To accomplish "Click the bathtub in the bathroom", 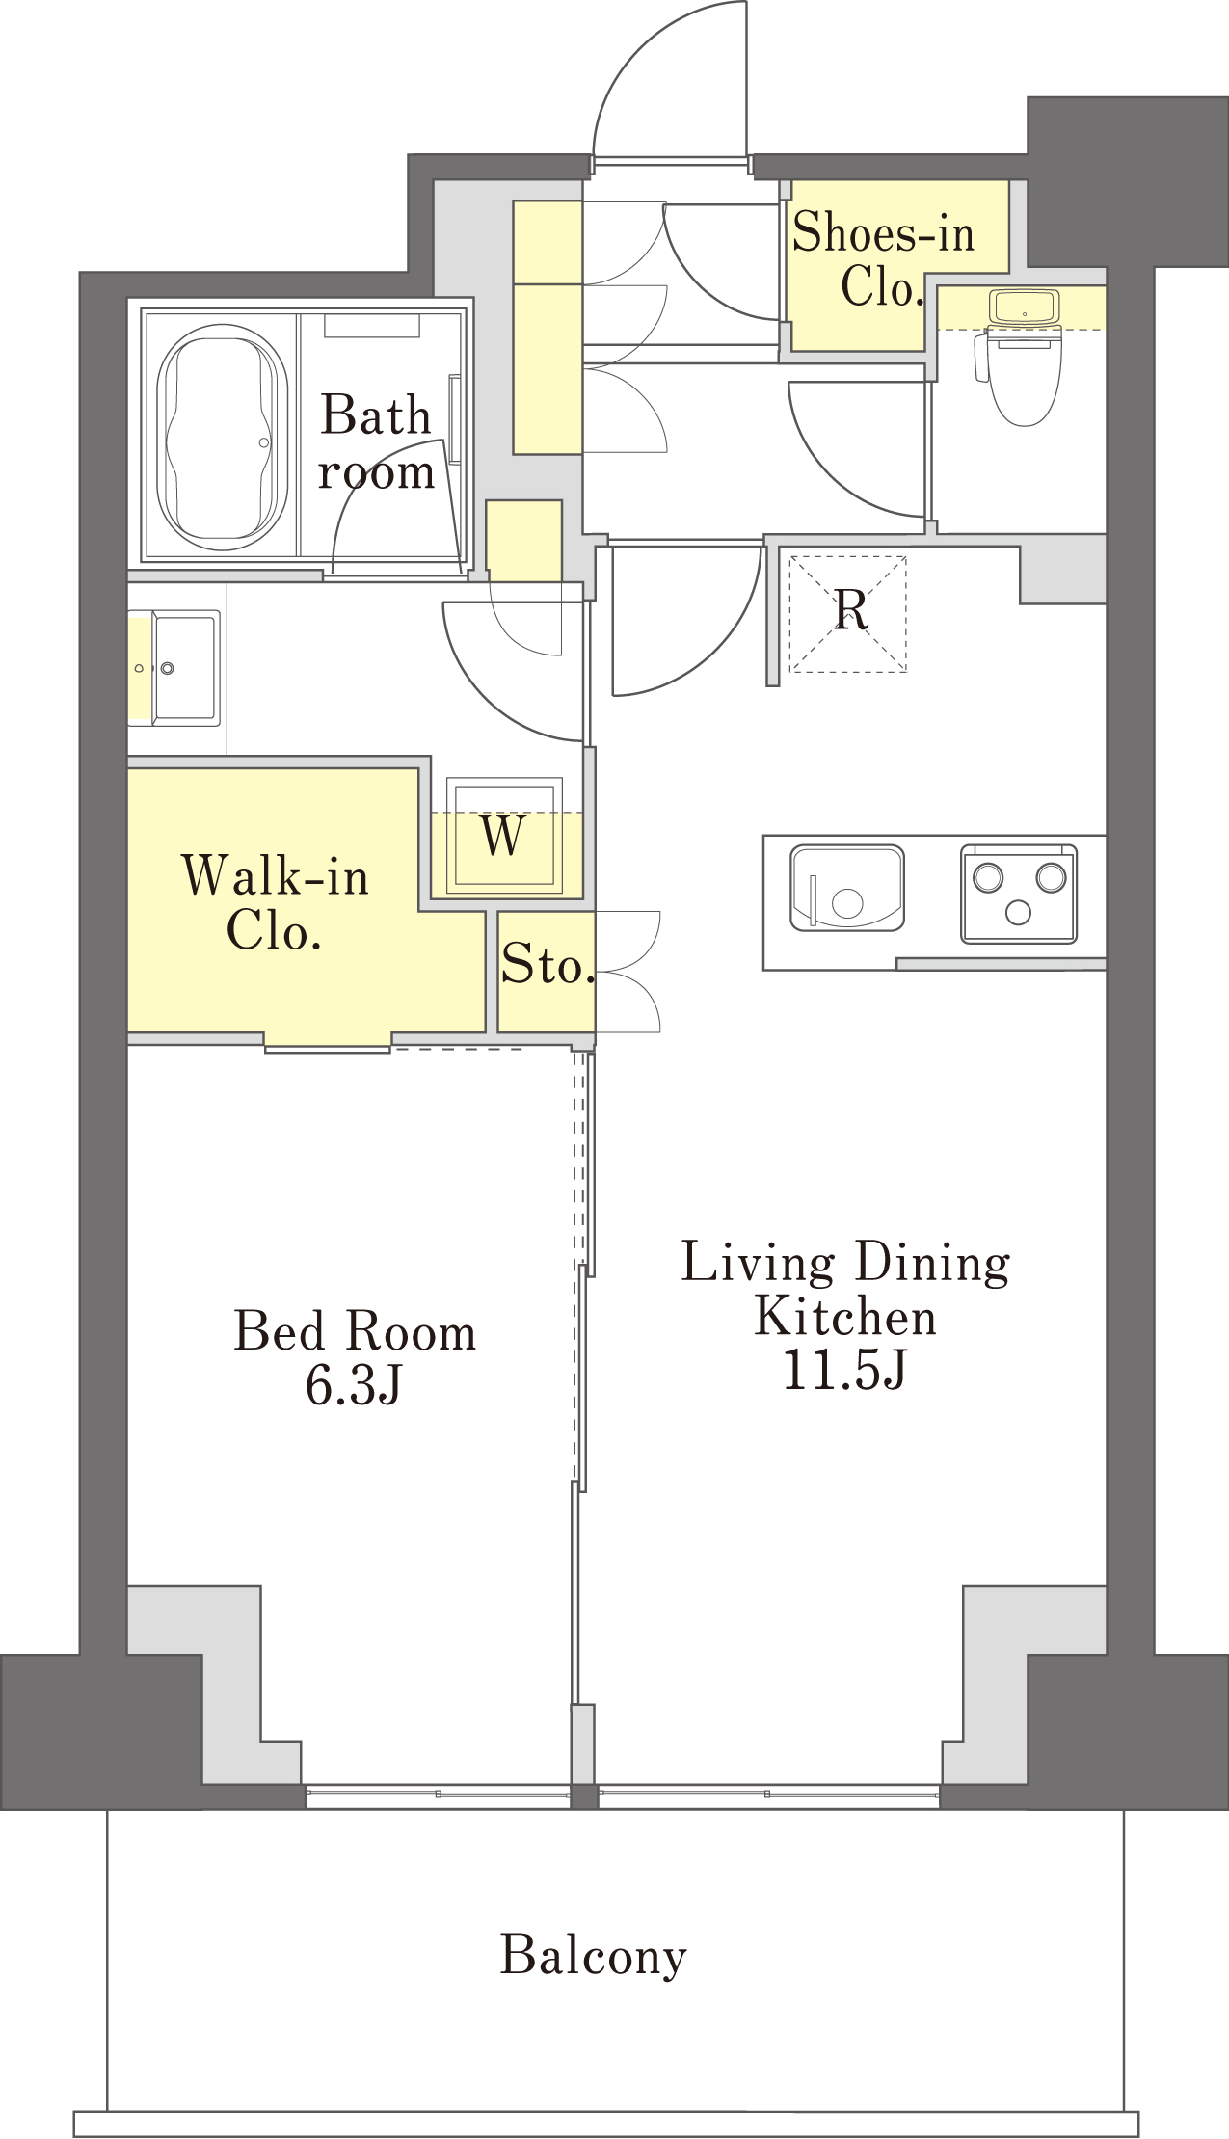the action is click(x=222, y=437).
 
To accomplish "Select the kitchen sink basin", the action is click(x=846, y=888).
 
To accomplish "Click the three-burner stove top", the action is click(x=1018, y=894).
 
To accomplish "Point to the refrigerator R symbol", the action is click(x=850, y=609).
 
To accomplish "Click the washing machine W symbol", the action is click(x=503, y=835).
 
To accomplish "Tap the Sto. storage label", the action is click(x=547, y=963).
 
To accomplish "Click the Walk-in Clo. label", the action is click(x=275, y=902).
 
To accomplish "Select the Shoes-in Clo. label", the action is click(x=882, y=258).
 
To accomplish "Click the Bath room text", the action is click(x=376, y=442).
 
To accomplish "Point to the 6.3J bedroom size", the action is click(x=353, y=1386).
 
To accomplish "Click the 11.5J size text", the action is click(x=844, y=1370).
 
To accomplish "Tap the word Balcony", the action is click(x=594, y=1956).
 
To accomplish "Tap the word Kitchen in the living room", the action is click(x=845, y=1317).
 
